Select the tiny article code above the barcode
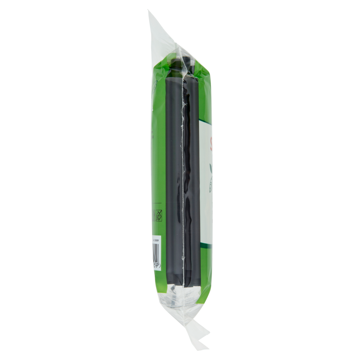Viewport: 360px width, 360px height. click(156, 239)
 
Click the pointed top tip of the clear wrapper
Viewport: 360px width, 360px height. click(149, 13)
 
